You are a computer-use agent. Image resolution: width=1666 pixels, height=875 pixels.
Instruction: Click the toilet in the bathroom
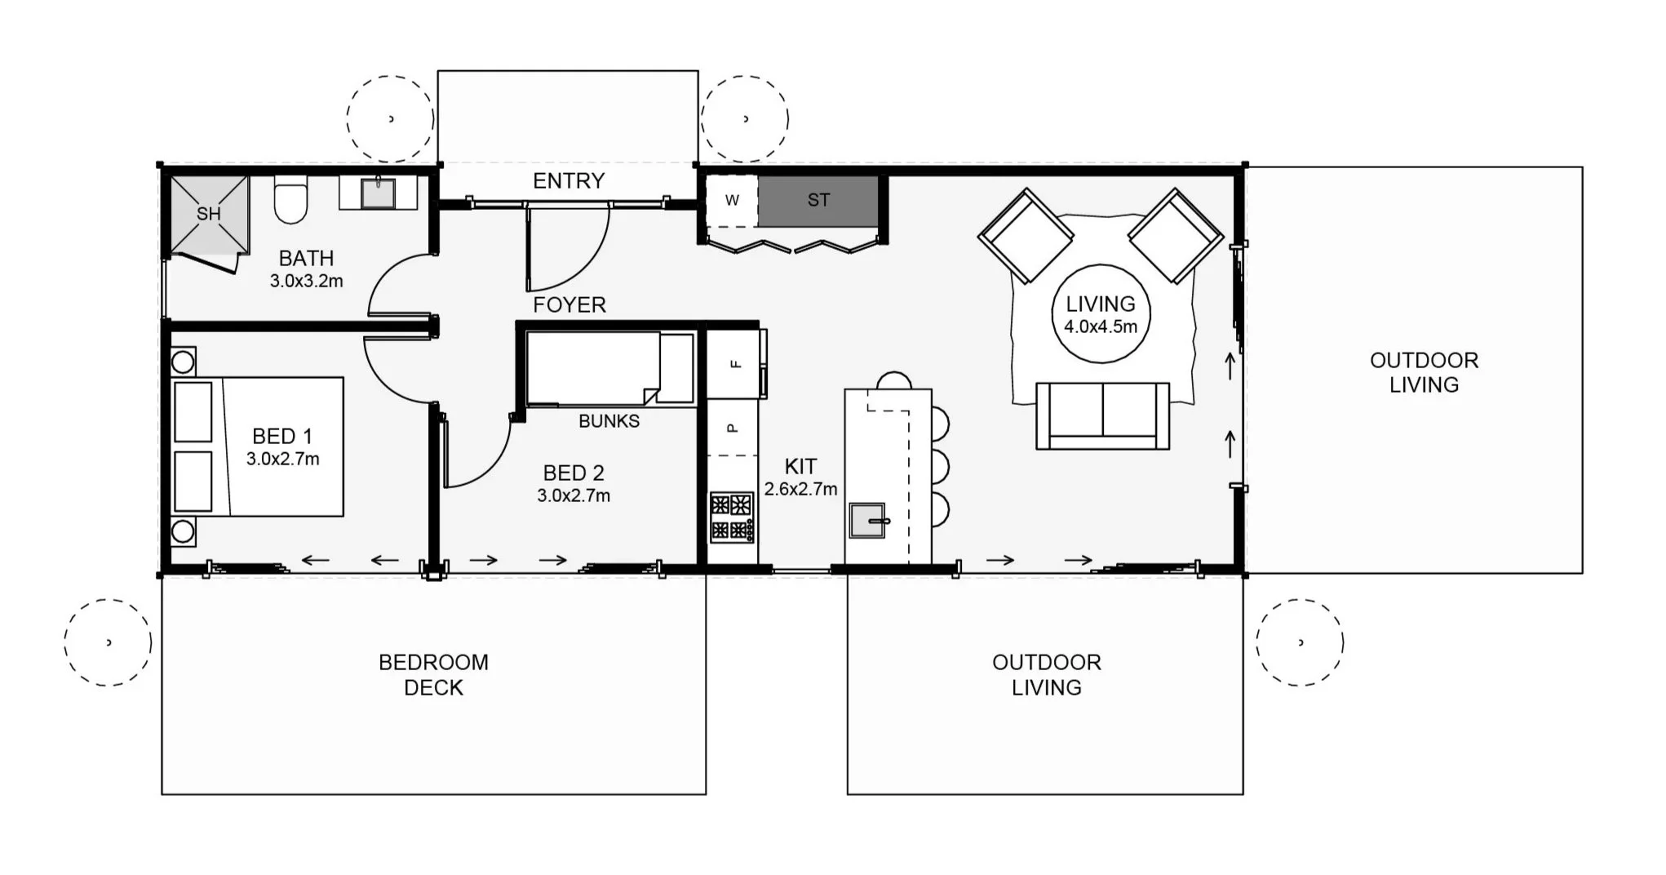tap(290, 198)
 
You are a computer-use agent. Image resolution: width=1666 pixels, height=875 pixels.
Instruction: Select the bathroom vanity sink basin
tap(379, 193)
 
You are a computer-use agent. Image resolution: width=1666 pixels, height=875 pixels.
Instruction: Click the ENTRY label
tap(569, 181)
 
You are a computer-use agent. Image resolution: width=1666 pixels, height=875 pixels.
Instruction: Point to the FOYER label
tap(569, 305)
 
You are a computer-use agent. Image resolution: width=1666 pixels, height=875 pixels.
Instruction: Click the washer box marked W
tap(732, 201)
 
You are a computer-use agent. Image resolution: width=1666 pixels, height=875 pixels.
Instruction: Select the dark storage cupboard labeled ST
tap(818, 201)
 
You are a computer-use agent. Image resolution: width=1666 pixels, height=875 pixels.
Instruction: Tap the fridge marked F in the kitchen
tap(734, 364)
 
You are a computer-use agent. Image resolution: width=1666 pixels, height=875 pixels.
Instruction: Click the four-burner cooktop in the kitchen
tap(732, 517)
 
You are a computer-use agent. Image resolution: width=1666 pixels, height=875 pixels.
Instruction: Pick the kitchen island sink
tap(868, 520)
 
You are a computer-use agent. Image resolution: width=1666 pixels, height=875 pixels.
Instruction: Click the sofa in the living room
tap(1102, 416)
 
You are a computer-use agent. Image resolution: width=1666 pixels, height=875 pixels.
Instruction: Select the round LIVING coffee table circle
tap(1101, 313)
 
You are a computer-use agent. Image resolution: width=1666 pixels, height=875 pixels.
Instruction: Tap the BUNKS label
tap(609, 421)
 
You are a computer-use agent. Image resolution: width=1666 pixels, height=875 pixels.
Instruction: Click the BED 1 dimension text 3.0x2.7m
tap(283, 459)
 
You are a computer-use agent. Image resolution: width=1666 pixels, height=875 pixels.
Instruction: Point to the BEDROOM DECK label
tap(433, 675)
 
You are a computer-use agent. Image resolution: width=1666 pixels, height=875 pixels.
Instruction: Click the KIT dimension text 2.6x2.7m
tap(800, 489)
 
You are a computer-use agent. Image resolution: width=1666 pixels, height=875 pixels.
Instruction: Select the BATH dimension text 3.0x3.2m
tap(307, 281)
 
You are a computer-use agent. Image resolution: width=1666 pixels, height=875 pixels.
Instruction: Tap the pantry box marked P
tap(732, 427)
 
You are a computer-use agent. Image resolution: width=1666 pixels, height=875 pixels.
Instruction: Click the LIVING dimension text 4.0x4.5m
tap(1101, 326)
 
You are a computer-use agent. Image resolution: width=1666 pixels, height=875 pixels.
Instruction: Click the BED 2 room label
tap(574, 473)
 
